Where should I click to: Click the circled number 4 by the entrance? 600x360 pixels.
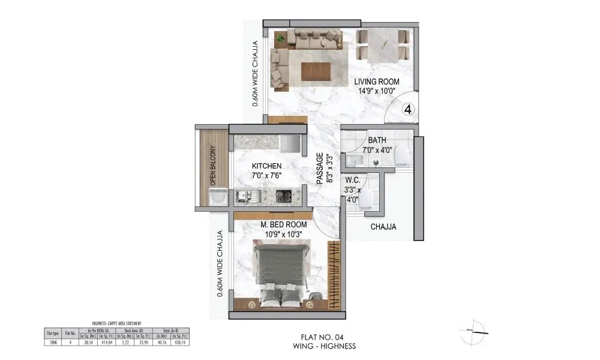pos(407,109)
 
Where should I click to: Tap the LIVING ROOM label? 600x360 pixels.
pos(376,82)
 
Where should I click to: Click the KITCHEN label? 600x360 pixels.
pos(266,166)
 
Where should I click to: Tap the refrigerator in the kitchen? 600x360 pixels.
pos(290,143)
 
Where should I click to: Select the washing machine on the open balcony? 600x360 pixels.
pos(215,196)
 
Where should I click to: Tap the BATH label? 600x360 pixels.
pos(377,140)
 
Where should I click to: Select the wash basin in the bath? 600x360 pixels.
pos(353,160)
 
